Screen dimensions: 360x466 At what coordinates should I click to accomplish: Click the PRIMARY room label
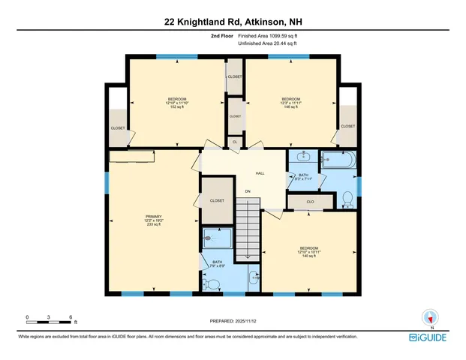[x=153, y=218]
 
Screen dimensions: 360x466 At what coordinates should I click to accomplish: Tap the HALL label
[x=260, y=173]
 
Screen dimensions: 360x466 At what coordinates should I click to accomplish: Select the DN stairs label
[x=248, y=191]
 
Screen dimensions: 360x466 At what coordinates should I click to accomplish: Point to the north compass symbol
[x=431, y=317]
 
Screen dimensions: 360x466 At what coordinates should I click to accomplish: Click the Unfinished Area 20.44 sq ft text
[x=271, y=43]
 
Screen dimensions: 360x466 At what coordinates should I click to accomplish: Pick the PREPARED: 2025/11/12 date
[x=233, y=321]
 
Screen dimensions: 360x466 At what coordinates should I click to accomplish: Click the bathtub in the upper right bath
[x=340, y=160]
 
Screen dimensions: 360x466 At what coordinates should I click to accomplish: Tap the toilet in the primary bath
[x=213, y=283]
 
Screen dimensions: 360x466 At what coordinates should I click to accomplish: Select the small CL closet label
[x=235, y=141]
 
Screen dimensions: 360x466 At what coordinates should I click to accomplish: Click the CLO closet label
[x=309, y=202]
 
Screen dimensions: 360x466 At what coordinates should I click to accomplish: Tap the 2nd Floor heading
[x=221, y=35]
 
